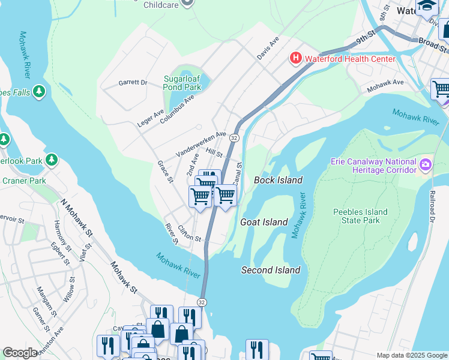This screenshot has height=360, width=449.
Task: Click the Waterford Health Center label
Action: pos(350,59)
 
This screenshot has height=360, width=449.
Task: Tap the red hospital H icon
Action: pos(295,58)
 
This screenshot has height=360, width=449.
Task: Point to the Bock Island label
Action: pos(278,180)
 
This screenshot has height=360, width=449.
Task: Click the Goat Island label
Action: pos(264,222)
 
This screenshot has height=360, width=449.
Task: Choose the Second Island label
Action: pos(271,270)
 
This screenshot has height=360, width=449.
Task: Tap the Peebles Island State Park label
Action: pos(360,216)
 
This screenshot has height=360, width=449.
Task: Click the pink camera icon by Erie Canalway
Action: pos(426,164)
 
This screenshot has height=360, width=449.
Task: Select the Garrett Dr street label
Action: pos(133,83)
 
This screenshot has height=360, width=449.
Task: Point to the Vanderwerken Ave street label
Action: pos(201,145)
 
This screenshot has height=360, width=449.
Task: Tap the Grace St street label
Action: pos(165,172)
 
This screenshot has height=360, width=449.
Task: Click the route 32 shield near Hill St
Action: pos(235,138)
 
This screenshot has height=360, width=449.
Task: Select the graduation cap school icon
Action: pos(427,6)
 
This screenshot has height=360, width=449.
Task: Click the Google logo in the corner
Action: pos(20,353)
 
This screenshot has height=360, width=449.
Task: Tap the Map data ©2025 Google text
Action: pos(411,355)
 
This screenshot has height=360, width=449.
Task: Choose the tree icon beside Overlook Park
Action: pos(52,160)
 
